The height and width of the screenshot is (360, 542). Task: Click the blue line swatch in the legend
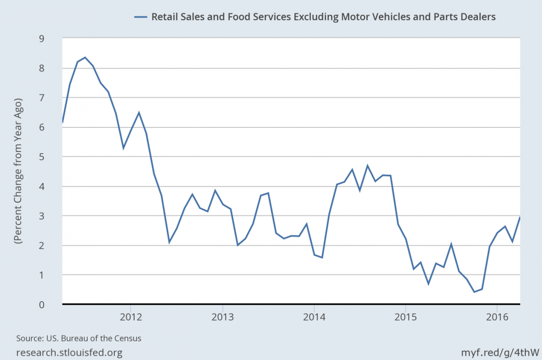click(x=141, y=17)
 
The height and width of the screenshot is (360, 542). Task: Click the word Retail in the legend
click(x=164, y=17)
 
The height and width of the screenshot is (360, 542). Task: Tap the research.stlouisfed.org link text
click(x=69, y=352)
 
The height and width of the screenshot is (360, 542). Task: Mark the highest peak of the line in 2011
click(x=85, y=57)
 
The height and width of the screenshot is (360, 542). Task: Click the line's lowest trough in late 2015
click(x=474, y=292)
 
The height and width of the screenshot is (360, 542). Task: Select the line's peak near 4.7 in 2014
click(x=368, y=166)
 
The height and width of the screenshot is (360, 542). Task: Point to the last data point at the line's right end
click(x=520, y=217)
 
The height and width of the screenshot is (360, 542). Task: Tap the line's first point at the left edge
click(x=62, y=122)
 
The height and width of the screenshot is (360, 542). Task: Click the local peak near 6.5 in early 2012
click(x=139, y=112)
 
